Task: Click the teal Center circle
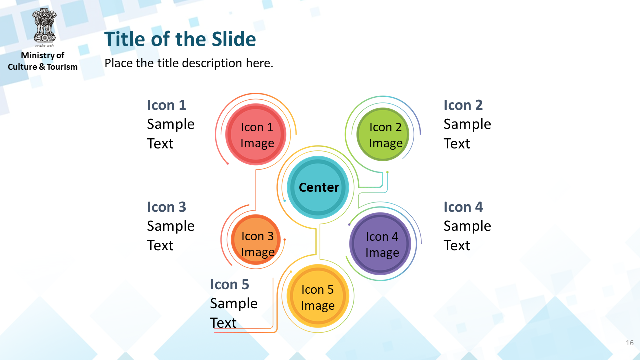click(x=318, y=187)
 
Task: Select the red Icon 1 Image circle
click(x=256, y=134)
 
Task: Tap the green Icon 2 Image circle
click(x=383, y=134)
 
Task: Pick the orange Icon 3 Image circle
click(x=256, y=239)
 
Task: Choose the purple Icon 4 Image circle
click(x=380, y=244)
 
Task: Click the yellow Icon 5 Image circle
click(x=318, y=296)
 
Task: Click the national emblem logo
click(x=44, y=27)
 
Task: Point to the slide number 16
click(x=629, y=343)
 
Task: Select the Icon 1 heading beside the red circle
click(x=166, y=105)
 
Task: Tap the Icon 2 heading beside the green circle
click(x=463, y=105)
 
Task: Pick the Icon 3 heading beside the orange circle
click(x=166, y=207)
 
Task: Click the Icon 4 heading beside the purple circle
click(x=463, y=207)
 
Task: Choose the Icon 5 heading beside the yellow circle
click(x=229, y=284)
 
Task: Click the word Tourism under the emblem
click(x=62, y=67)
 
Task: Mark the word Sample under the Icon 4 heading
click(x=467, y=226)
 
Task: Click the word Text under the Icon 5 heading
click(x=223, y=323)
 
